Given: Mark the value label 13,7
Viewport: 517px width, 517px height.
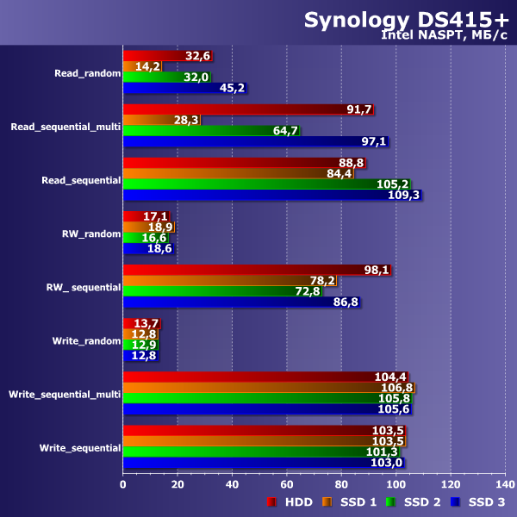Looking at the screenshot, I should [x=145, y=323].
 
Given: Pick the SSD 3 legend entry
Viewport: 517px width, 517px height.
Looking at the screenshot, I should [x=477, y=501].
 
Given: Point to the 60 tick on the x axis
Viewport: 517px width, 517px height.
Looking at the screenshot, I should [x=287, y=485].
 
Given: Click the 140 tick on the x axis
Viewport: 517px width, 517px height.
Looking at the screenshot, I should [x=505, y=485].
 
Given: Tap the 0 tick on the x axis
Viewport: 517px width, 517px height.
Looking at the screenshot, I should [x=123, y=485].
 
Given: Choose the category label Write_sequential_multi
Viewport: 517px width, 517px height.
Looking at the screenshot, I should [x=65, y=395].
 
